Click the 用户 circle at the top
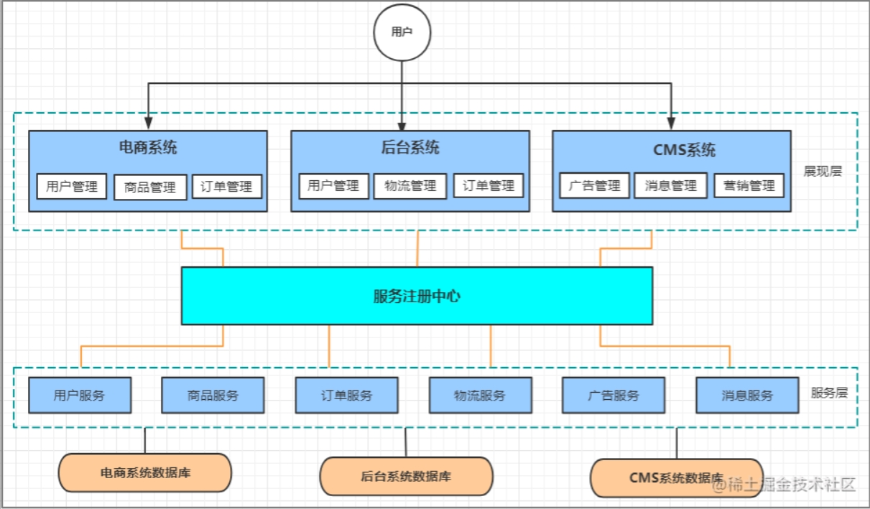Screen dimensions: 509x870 click(402, 32)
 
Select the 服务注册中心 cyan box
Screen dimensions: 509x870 click(417, 296)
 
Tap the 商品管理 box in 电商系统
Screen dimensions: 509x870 click(150, 187)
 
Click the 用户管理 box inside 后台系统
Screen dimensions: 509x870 click(333, 186)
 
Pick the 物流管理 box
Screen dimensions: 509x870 click(410, 186)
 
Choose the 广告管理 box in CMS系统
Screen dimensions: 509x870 click(594, 186)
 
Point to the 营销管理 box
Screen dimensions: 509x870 click(749, 186)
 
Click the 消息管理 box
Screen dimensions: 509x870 click(670, 186)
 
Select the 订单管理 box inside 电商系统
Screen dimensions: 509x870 click(227, 187)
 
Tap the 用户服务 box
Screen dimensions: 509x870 click(80, 396)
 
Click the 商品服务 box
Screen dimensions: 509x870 click(213, 396)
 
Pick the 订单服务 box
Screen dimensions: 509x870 click(346, 396)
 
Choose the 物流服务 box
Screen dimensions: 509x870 click(480, 396)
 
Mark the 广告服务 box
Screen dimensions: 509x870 click(614, 396)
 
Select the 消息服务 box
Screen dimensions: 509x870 click(747, 396)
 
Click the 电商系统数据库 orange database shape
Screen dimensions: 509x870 click(144, 473)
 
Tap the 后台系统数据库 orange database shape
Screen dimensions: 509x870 click(406, 476)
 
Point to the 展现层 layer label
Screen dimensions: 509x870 click(823, 172)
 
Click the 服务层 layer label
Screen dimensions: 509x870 click(830, 393)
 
